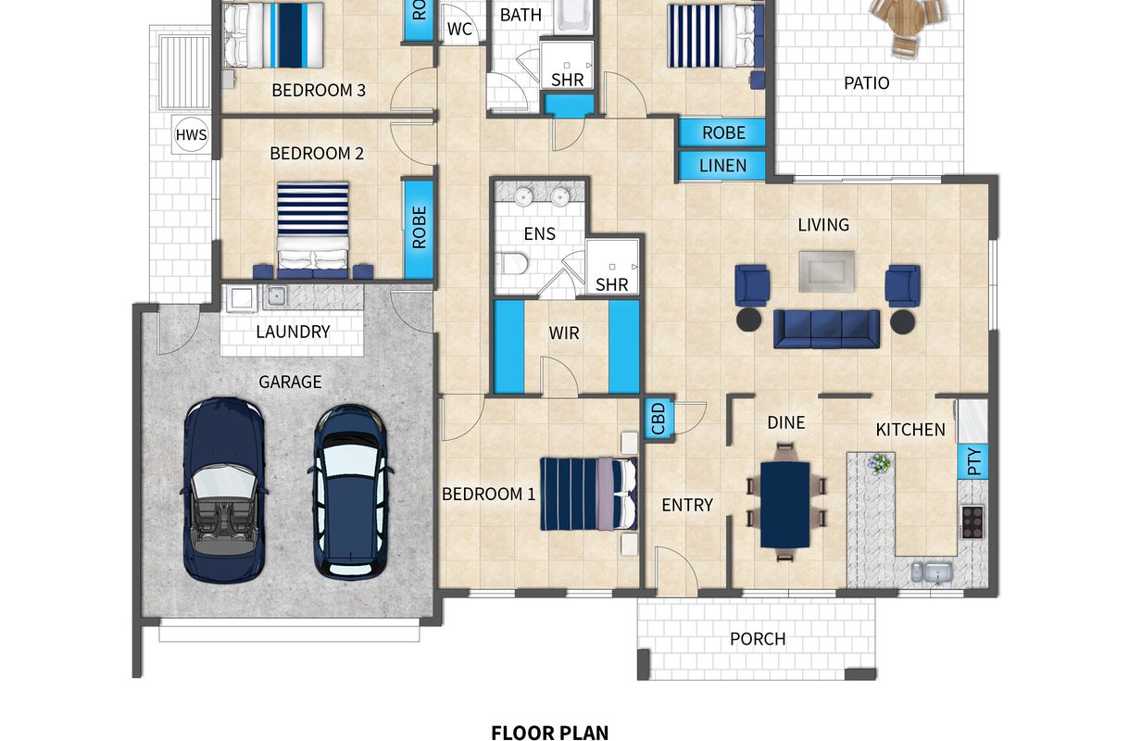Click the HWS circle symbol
192,134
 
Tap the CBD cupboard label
659,419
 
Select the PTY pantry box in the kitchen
972,461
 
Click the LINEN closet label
722,166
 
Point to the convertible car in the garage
224,489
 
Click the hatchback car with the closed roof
351,492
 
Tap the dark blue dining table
784,505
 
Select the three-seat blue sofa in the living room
826,329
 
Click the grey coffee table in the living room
826,271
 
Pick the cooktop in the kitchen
972,521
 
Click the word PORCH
758,639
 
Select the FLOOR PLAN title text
550,733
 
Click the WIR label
564,333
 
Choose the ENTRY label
687,505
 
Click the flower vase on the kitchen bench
880,464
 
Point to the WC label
459,30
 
